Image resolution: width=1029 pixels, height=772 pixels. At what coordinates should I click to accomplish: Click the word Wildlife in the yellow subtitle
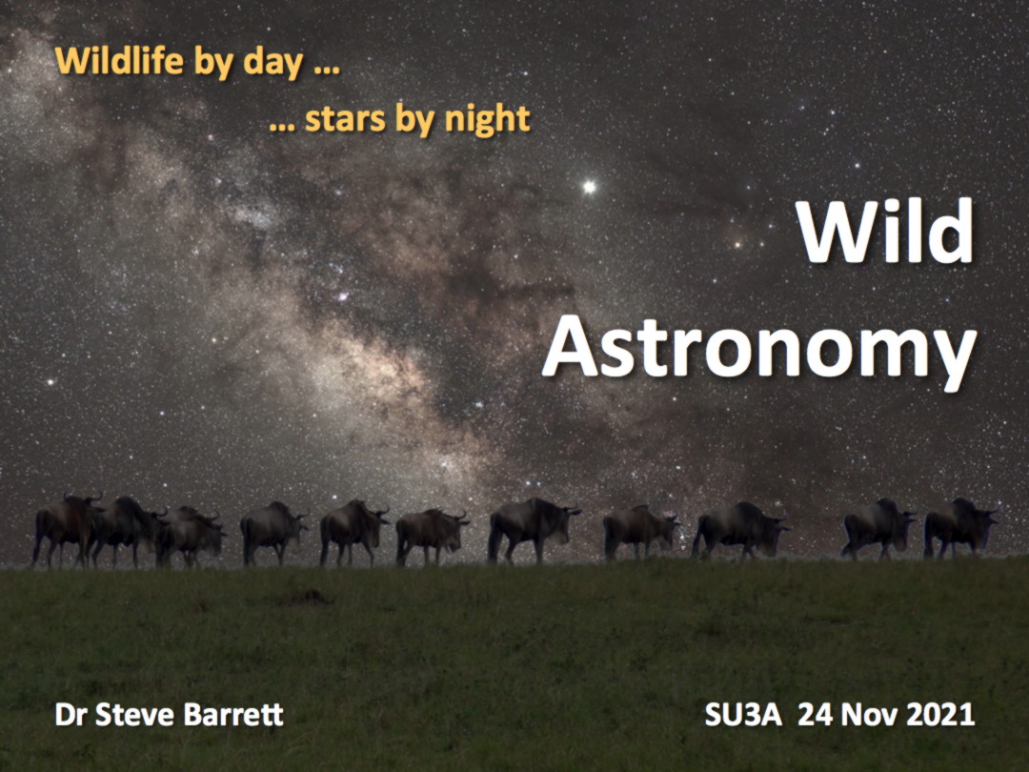119,61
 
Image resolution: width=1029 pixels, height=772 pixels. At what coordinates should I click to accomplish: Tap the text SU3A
743,715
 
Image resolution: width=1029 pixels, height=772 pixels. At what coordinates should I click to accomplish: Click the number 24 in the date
815,715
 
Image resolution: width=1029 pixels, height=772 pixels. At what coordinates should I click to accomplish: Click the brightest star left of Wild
590,187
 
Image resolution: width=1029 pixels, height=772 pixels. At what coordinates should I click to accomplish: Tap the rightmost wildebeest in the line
960,528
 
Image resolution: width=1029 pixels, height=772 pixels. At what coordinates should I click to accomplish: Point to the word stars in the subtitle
345,119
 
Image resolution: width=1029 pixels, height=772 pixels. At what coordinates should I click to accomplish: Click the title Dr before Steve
71,715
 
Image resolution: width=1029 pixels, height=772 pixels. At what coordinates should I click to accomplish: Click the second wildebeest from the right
878,528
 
